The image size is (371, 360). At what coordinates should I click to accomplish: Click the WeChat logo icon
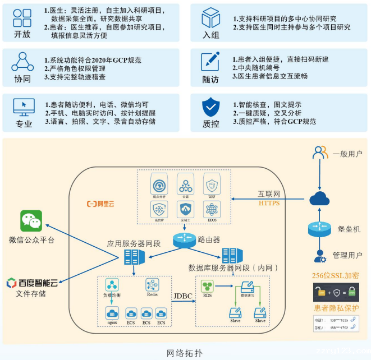[x=31, y=220]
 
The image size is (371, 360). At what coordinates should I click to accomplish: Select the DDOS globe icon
[x=212, y=210]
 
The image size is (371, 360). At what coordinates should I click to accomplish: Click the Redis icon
[x=153, y=285]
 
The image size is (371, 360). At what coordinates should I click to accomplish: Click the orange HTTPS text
[x=268, y=203]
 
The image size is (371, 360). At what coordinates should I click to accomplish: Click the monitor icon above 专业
[x=23, y=105]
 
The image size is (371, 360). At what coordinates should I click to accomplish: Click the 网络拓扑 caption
[x=185, y=353]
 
